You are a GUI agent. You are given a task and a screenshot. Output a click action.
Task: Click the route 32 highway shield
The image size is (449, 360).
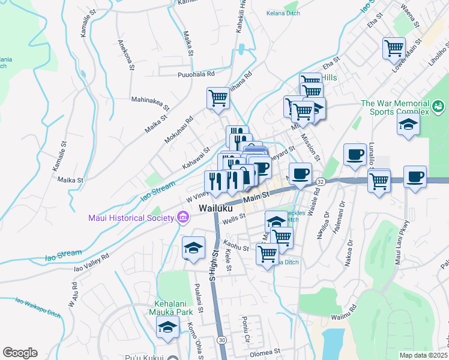(321, 181)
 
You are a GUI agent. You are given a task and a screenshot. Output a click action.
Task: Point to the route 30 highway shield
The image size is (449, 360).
(222, 340)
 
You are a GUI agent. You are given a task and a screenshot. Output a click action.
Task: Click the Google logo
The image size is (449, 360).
(20, 353)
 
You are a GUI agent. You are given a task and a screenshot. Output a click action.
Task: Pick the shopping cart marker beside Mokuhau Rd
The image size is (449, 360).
(218, 97)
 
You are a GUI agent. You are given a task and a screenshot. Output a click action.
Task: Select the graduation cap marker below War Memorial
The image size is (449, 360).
(408, 125)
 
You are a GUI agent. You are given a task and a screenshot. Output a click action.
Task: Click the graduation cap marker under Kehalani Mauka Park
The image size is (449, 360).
(168, 327)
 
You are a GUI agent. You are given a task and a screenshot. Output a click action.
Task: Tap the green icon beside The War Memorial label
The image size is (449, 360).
(438, 107)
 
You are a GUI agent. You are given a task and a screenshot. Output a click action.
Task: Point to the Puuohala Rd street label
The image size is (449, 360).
(196, 74)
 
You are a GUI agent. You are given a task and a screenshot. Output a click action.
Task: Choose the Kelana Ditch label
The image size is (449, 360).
(283, 12)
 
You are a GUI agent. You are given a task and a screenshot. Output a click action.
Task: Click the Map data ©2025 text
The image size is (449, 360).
(424, 355)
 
